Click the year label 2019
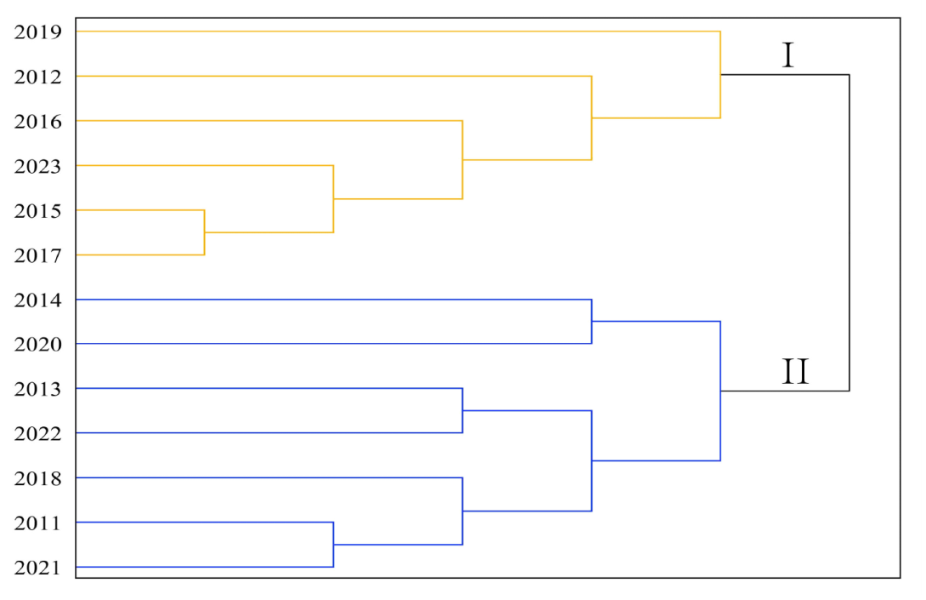37,32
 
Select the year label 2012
37,77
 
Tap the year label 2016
37,122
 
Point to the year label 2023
37,167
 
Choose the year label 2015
37,211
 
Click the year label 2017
37,256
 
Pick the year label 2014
37,300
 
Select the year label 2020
37,344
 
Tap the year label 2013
37,389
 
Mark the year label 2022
37,434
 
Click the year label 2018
37,478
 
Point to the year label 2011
37,523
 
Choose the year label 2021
37,568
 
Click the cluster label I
787,55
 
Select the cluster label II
795,372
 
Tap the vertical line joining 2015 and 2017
204,232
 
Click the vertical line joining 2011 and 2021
333,545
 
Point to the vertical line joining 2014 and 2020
592,322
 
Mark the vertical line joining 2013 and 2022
463,410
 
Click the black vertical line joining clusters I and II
849,233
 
